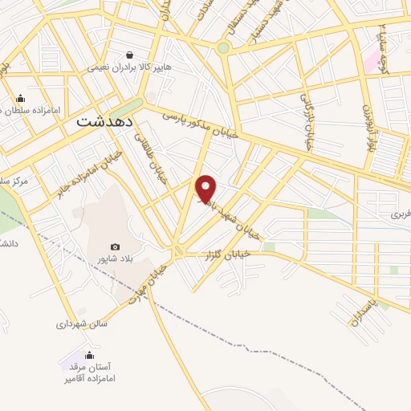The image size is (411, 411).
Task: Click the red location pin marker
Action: coord(207,188)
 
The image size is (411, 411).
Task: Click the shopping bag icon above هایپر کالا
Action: coord(128,54)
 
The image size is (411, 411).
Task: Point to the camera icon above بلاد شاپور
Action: coord(115,246)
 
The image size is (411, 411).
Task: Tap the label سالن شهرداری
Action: coord(82,324)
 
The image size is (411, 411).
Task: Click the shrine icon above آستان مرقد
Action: coord(89,354)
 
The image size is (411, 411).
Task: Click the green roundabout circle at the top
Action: coord(223,47)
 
